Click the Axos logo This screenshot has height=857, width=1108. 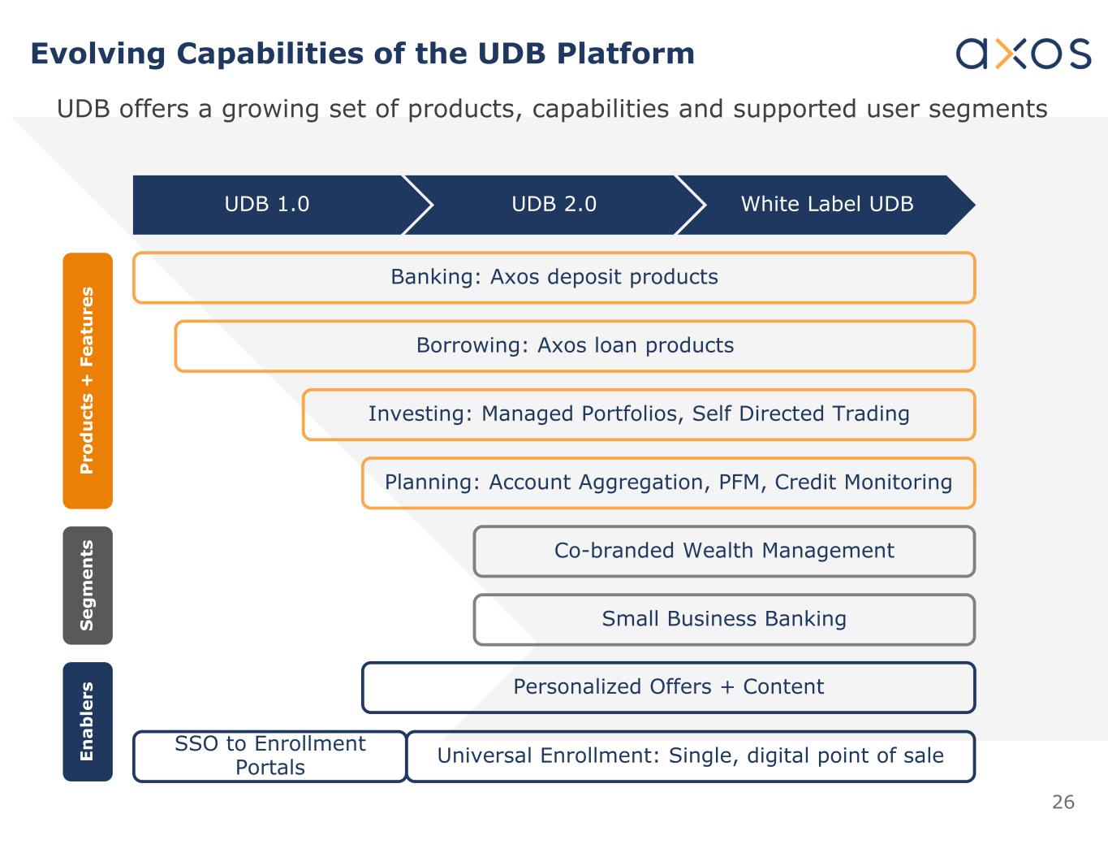click(x=1023, y=53)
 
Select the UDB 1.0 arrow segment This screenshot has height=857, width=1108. click(x=267, y=204)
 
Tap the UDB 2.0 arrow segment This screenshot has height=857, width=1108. click(x=554, y=204)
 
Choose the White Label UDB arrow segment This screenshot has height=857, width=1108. click(x=826, y=204)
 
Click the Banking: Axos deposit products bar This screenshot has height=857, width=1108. click(x=554, y=278)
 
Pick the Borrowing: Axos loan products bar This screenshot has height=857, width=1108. click(x=575, y=346)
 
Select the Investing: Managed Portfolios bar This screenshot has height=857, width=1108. click(x=639, y=414)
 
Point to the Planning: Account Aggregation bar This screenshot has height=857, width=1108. click(x=668, y=483)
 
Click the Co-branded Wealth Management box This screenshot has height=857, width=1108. click(x=724, y=551)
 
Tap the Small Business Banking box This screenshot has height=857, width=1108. click(x=724, y=619)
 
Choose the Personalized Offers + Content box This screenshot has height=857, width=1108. click(x=668, y=687)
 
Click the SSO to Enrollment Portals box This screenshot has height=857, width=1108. click(x=269, y=756)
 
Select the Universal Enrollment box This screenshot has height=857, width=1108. click(x=690, y=756)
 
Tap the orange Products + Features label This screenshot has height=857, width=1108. click(x=88, y=380)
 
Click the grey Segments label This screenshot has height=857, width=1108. click(x=88, y=585)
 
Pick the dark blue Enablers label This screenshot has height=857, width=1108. click(x=88, y=721)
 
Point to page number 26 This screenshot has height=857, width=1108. click(x=1063, y=803)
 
